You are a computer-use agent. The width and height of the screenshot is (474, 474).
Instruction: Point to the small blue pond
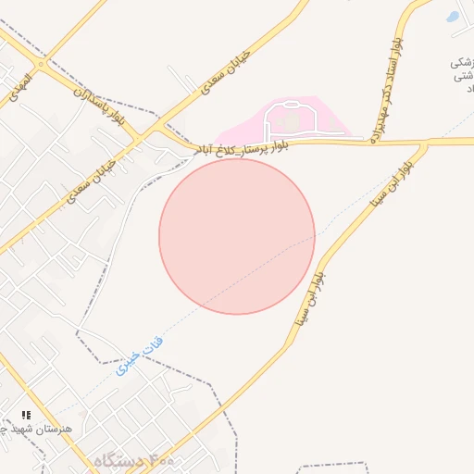point(452,16)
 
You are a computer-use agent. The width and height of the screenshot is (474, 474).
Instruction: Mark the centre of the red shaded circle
point(237,236)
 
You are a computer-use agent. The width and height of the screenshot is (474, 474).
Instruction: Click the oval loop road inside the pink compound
point(291,121)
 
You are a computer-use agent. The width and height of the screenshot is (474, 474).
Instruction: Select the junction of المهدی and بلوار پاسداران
point(42,65)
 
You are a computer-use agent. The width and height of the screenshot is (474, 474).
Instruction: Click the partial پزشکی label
point(461,63)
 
